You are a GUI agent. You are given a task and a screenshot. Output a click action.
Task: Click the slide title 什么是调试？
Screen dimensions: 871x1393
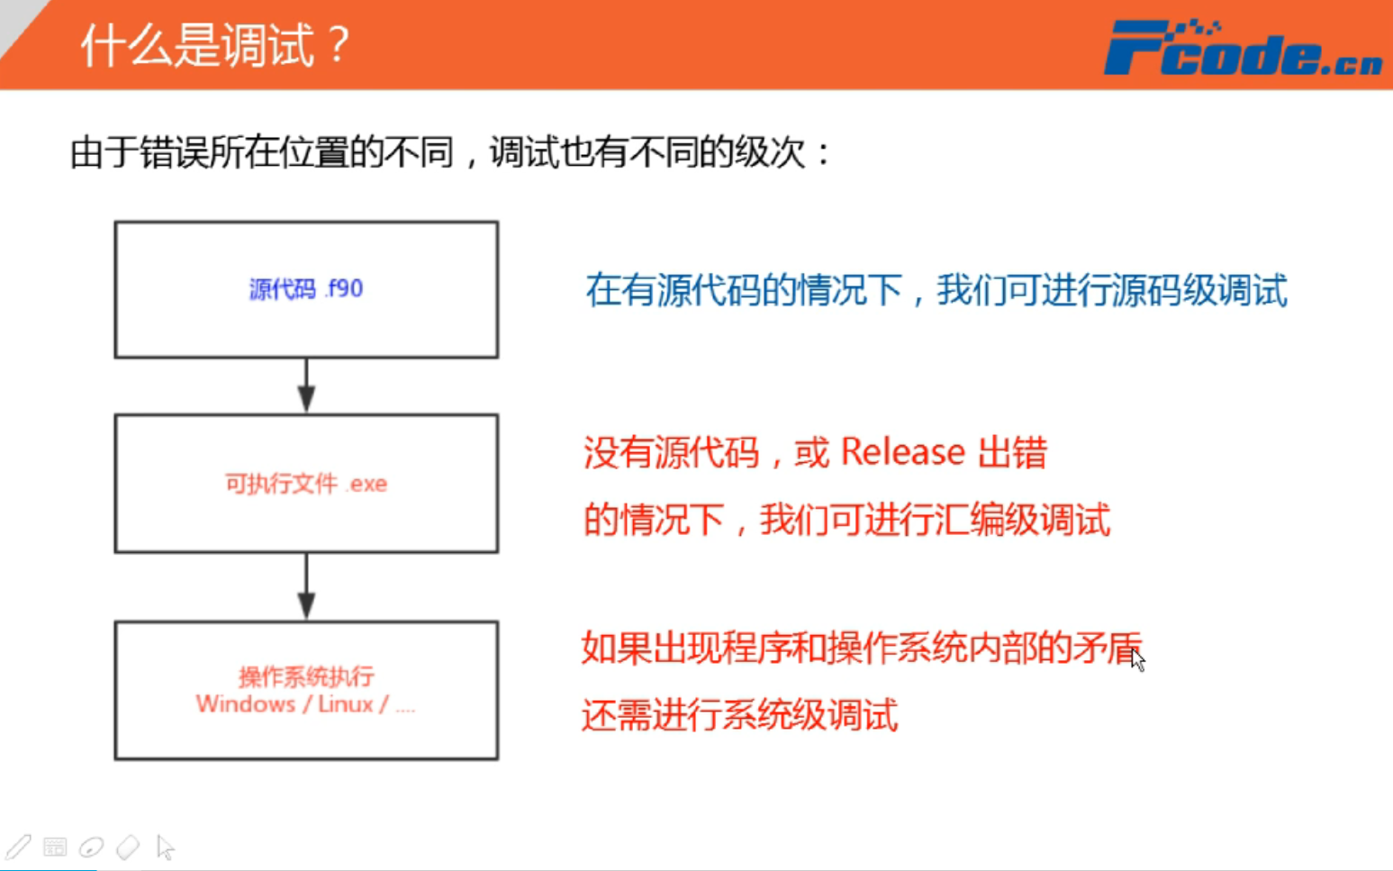214,45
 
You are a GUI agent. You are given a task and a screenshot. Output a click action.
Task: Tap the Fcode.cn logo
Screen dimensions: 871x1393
1242,49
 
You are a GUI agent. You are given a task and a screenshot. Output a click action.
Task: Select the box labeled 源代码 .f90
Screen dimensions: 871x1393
306,289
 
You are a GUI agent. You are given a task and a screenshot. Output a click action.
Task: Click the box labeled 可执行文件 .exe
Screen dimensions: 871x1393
306,484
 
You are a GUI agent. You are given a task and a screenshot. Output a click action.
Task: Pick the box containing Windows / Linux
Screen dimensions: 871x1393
306,690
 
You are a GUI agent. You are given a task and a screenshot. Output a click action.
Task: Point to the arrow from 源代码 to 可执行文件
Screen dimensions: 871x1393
306,386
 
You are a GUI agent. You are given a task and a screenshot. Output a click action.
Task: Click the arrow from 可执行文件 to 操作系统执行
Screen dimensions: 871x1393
306,587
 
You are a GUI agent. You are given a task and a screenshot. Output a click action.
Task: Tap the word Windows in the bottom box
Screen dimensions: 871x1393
246,704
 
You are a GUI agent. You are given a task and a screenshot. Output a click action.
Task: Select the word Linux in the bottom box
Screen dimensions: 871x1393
345,704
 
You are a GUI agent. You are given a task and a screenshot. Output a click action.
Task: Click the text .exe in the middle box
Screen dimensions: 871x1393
367,485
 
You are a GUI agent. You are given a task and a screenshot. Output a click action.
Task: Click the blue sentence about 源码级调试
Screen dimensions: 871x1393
936,291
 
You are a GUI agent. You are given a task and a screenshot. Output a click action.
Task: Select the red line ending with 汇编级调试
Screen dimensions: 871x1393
846,521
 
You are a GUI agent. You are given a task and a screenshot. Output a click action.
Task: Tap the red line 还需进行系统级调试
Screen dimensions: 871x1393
739,716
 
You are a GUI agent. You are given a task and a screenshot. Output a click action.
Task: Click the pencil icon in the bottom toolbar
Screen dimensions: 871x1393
18,847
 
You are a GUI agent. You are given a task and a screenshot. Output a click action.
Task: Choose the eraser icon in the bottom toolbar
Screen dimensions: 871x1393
128,847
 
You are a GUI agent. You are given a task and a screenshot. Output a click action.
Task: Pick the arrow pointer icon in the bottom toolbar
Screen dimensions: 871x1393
165,847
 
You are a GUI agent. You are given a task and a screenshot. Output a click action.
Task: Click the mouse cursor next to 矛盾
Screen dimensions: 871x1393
1138,660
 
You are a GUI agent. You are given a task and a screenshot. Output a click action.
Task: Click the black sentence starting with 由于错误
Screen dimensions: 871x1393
450,152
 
